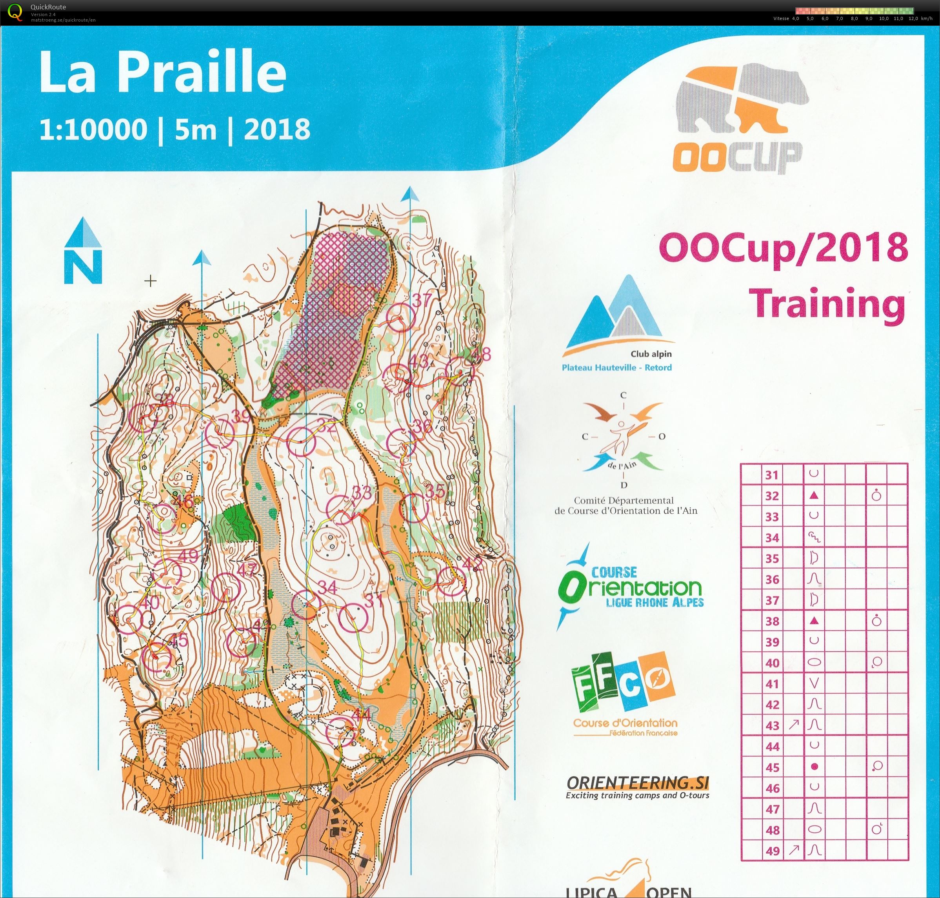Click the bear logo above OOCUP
click(x=742, y=98)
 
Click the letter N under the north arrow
click(x=83, y=267)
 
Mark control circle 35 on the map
click(x=413, y=508)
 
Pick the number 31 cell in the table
click(x=771, y=475)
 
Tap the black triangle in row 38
click(x=814, y=621)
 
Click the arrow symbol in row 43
click(x=793, y=725)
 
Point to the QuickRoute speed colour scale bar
click(x=855, y=11)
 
